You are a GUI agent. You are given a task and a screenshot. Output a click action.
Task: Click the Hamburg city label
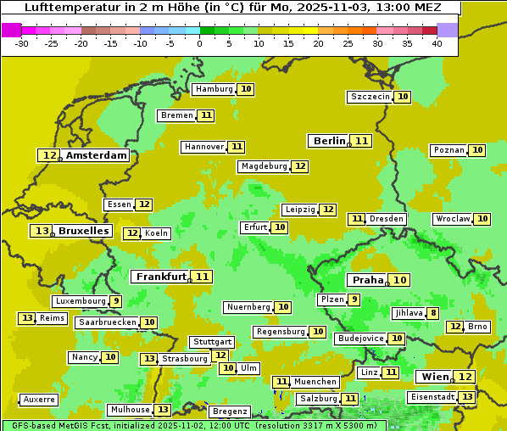(213, 89)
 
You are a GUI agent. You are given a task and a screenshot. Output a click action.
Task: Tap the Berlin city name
(329, 141)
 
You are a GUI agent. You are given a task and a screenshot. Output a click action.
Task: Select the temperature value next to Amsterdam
(50, 155)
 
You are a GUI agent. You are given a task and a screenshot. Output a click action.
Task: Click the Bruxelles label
(83, 231)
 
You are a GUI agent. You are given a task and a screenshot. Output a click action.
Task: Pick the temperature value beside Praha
(400, 280)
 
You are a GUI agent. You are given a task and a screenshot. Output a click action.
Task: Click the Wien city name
(433, 377)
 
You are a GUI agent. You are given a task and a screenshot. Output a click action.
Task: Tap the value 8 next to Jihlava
(433, 313)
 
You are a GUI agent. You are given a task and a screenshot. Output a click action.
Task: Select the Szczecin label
(370, 97)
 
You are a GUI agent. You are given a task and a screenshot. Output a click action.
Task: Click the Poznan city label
(448, 150)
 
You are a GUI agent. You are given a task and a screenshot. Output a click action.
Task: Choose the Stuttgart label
(212, 342)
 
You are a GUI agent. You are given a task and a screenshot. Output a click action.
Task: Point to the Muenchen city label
(315, 382)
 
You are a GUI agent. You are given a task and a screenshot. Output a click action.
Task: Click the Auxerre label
(39, 400)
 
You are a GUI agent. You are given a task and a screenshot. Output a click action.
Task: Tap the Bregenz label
(229, 411)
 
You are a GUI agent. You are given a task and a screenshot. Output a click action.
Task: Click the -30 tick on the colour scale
(22, 43)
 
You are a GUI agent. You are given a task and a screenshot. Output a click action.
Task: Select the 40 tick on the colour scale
(436, 43)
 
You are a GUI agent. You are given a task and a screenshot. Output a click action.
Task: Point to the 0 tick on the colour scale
(200, 43)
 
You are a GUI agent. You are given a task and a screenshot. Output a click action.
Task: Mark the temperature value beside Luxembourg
(115, 301)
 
